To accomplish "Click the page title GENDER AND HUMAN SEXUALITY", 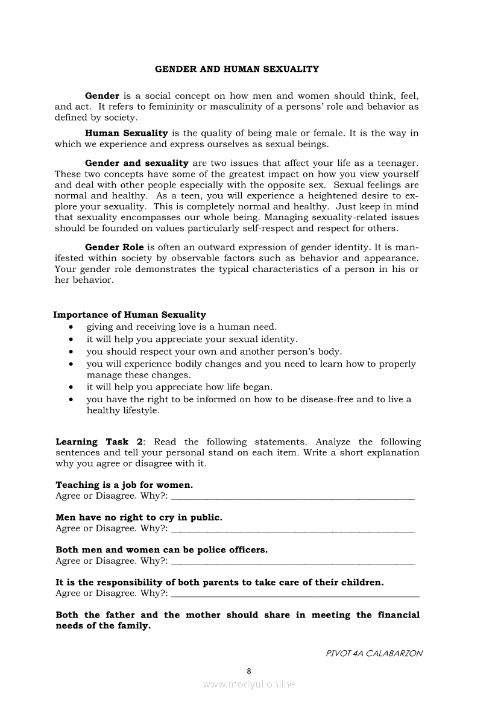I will tap(237, 69).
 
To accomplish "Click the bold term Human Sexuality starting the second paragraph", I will tap(126, 133).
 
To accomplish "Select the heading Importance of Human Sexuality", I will tap(130, 315).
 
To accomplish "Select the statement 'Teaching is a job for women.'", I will tap(124, 485).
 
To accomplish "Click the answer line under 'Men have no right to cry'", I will tap(293, 531).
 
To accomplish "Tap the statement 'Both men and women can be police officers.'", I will tap(162, 550).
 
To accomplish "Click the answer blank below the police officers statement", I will tap(293, 563).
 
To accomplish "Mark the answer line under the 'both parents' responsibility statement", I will tap(295, 596).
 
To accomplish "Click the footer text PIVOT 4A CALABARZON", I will tap(374, 653).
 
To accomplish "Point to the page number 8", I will tap(249, 671).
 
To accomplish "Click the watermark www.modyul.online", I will tap(249, 684).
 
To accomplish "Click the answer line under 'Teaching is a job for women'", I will tap(293, 498).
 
